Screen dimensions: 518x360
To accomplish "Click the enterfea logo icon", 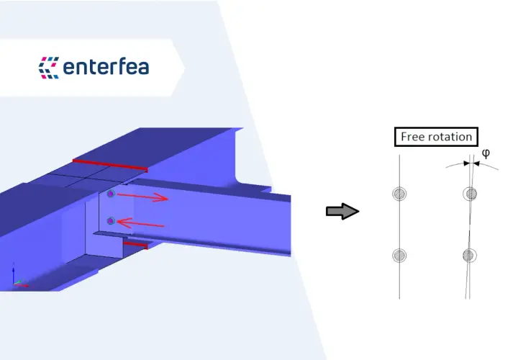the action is tap(49, 68).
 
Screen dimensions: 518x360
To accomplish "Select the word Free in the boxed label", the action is tap(412, 137).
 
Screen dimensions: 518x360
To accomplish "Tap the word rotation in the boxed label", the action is tap(449, 137).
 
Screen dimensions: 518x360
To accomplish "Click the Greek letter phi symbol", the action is tap(486, 153).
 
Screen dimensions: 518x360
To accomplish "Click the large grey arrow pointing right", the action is tap(342, 211).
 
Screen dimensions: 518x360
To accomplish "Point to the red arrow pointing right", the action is tap(142, 197).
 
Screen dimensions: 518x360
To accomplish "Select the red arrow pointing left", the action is tap(141, 223).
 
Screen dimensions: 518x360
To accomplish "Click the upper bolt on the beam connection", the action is tap(111, 194).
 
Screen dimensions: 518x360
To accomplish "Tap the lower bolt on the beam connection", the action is tap(111, 221).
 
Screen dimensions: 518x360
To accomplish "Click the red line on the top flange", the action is tap(110, 166).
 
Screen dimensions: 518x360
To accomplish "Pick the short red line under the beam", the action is tap(135, 245).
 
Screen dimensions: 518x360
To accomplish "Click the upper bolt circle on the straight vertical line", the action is tap(399, 194).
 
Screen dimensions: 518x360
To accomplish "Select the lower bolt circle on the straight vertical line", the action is tap(399, 256).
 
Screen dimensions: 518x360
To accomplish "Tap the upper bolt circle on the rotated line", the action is tap(470, 194).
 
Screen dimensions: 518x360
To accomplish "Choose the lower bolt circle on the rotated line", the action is tap(469, 256).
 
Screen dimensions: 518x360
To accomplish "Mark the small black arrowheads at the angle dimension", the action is tap(471, 163).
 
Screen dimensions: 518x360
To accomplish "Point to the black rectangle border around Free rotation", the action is tap(436, 127).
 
